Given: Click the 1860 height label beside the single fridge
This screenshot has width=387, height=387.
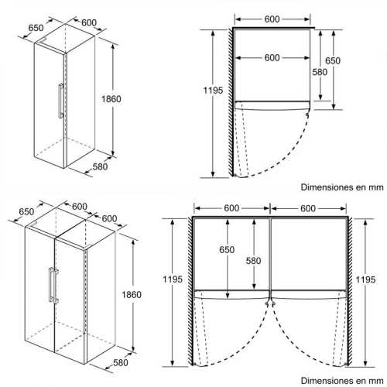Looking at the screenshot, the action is [x=111, y=99].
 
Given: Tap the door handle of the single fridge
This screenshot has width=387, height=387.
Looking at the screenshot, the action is [x=60, y=101].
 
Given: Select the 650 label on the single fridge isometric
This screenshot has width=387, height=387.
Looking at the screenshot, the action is [x=36, y=28].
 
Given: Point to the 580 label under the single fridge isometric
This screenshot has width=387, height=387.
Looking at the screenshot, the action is [x=100, y=166].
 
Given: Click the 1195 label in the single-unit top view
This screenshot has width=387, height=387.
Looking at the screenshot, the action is [x=213, y=91].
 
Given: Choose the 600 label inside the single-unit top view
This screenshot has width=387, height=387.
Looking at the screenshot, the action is [x=272, y=58].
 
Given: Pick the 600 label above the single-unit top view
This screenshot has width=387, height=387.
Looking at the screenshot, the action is [x=272, y=19].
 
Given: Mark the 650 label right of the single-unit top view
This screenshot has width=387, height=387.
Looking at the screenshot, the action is [x=333, y=60].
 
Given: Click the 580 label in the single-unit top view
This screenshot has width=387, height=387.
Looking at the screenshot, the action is [x=320, y=72].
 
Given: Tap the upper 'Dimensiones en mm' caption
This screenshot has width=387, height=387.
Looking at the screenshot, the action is [x=342, y=187].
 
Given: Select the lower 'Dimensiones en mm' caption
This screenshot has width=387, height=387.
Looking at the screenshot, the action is [x=342, y=381].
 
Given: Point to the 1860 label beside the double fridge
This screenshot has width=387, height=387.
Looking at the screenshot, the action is [x=132, y=295].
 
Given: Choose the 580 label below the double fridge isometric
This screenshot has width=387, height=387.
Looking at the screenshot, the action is [x=121, y=363].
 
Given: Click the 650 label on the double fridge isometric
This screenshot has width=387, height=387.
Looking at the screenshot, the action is [x=26, y=212].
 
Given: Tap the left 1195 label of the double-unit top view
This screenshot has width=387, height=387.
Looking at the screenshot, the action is [x=173, y=279].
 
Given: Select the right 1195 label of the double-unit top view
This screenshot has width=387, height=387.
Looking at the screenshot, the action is [x=365, y=279].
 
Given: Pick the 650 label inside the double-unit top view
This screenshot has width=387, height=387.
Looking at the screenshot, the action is [x=227, y=249].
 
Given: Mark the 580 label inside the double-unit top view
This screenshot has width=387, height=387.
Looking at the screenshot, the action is [x=253, y=261].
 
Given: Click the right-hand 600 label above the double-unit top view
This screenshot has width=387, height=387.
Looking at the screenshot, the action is [x=308, y=208].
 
